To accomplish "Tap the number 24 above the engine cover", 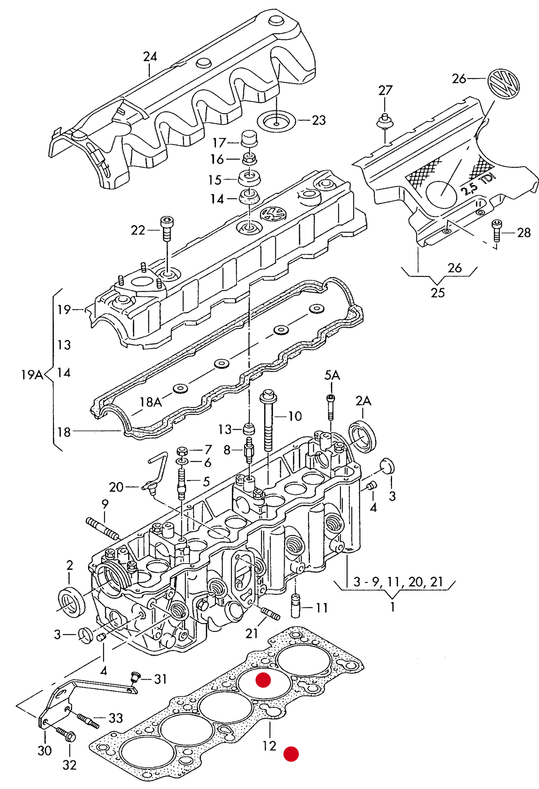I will [x=150, y=57].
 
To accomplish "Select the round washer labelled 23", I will [x=276, y=121].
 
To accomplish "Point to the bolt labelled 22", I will [x=167, y=228].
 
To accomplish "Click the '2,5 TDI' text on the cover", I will [x=478, y=184].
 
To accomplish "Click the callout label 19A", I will [x=32, y=374].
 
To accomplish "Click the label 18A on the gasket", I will [x=151, y=402].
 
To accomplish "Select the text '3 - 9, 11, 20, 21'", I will [x=398, y=581].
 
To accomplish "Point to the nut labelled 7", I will [x=182, y=450].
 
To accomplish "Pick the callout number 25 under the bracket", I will [x=438, y=293].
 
